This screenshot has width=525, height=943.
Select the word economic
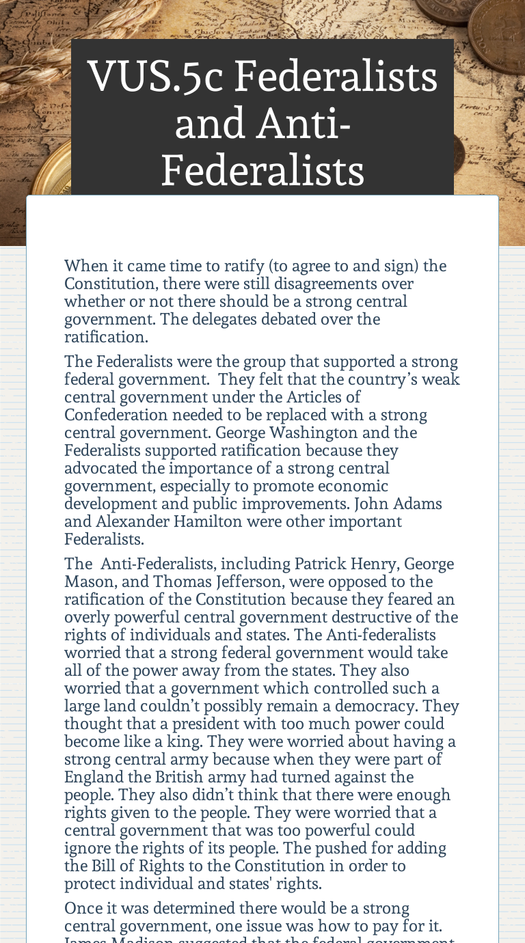pos(354,486)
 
